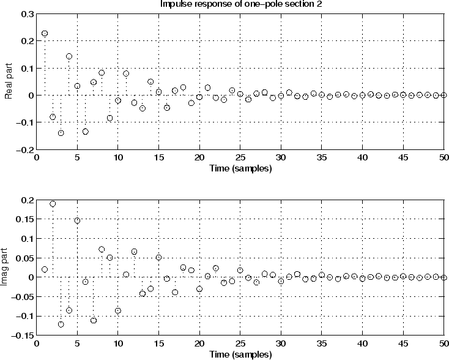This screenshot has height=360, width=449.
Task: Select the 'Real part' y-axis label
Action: pyautogui.click(x=9, y=82)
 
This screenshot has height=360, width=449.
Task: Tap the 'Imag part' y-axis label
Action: pyautogui.click(x=9, y=268)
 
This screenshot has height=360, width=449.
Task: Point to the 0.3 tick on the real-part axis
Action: pyautogui.click(x=28, y=13)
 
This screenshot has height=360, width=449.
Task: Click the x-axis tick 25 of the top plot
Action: pyautogui.click(x=240, y=158)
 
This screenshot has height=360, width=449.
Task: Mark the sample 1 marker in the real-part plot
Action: pyautogui.click(x=45, y=34)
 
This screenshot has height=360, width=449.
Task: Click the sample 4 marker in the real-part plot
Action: pyautogui.click(x=69, y=56)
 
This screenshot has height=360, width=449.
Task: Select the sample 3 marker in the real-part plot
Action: pyautogui.click(x=61, y=133)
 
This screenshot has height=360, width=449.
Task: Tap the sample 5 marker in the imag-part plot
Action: pyautogui.click(x=77, y=220)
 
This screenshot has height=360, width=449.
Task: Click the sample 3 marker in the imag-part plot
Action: pyautogui.click(x=61, y=324)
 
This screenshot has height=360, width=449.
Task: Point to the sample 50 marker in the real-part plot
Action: pyautogui.click(x=443, y=96)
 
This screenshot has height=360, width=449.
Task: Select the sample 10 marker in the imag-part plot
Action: pyautogui.click(x=118, y=311)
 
